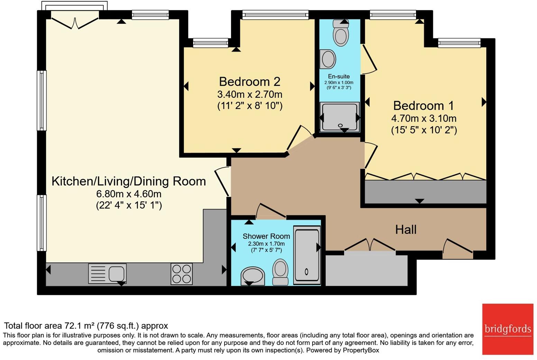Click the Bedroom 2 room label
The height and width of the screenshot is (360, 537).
click(x=250, y=82)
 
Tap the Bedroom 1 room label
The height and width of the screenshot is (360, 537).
click(x=424, y=106)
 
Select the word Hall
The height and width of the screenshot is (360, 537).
click(x=406, y=229)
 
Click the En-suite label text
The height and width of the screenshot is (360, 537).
click(x=339, y=76)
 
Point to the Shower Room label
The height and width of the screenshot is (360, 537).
click(x=266, y=236)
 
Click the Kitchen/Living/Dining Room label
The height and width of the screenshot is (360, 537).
click(x=129, y=181)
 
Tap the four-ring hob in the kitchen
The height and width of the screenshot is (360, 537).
click(x=182, y=274)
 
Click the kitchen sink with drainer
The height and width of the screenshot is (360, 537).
click(x=107, y=274)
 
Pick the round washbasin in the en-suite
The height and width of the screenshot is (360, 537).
click(x=328, y=59)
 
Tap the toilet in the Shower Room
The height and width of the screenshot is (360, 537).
click(x=280, y=272)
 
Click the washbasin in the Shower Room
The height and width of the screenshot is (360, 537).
click(x=253, y=276)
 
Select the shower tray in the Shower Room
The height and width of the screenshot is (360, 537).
click(x=307, y=255)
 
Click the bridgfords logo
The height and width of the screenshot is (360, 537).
click(x=508, y=329)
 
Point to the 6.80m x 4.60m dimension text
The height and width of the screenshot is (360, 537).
click(x=129, y=194)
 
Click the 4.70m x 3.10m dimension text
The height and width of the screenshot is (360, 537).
click(x=424, y=118)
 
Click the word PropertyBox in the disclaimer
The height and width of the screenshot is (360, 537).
click(x=361, y=350)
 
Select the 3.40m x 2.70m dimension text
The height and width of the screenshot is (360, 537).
click(x=250, y=94)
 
